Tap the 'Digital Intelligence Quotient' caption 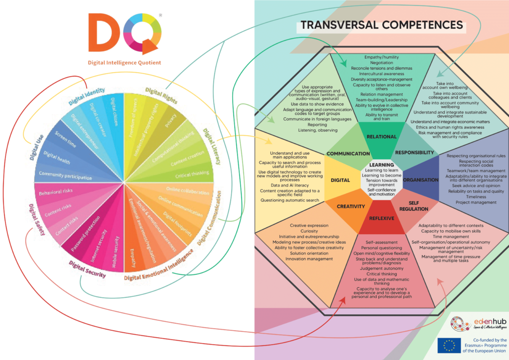click(x=124, y=63)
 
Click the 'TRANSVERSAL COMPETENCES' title click(x=381, y=25)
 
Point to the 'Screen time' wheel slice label click(x=65, y=139)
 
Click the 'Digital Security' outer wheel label click(x=87, y=270)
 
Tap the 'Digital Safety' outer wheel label click(x=37, y=219)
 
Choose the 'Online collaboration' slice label click(x=187, y=191)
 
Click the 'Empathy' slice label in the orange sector click(x=132, y=258)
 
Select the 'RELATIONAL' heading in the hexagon click(x=381, y=137)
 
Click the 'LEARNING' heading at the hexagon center click(x=381, y=165)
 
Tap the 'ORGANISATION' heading click(x=421, y=180)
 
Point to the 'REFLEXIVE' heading click(x=381, y=218)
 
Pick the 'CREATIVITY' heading click(x=350, y=206)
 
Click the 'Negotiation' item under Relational click(x=381, y=63)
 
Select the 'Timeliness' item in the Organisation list click(x=476, y=197)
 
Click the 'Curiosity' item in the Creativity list click(x=309, y=231)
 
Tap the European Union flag click(x=449, y=346)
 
